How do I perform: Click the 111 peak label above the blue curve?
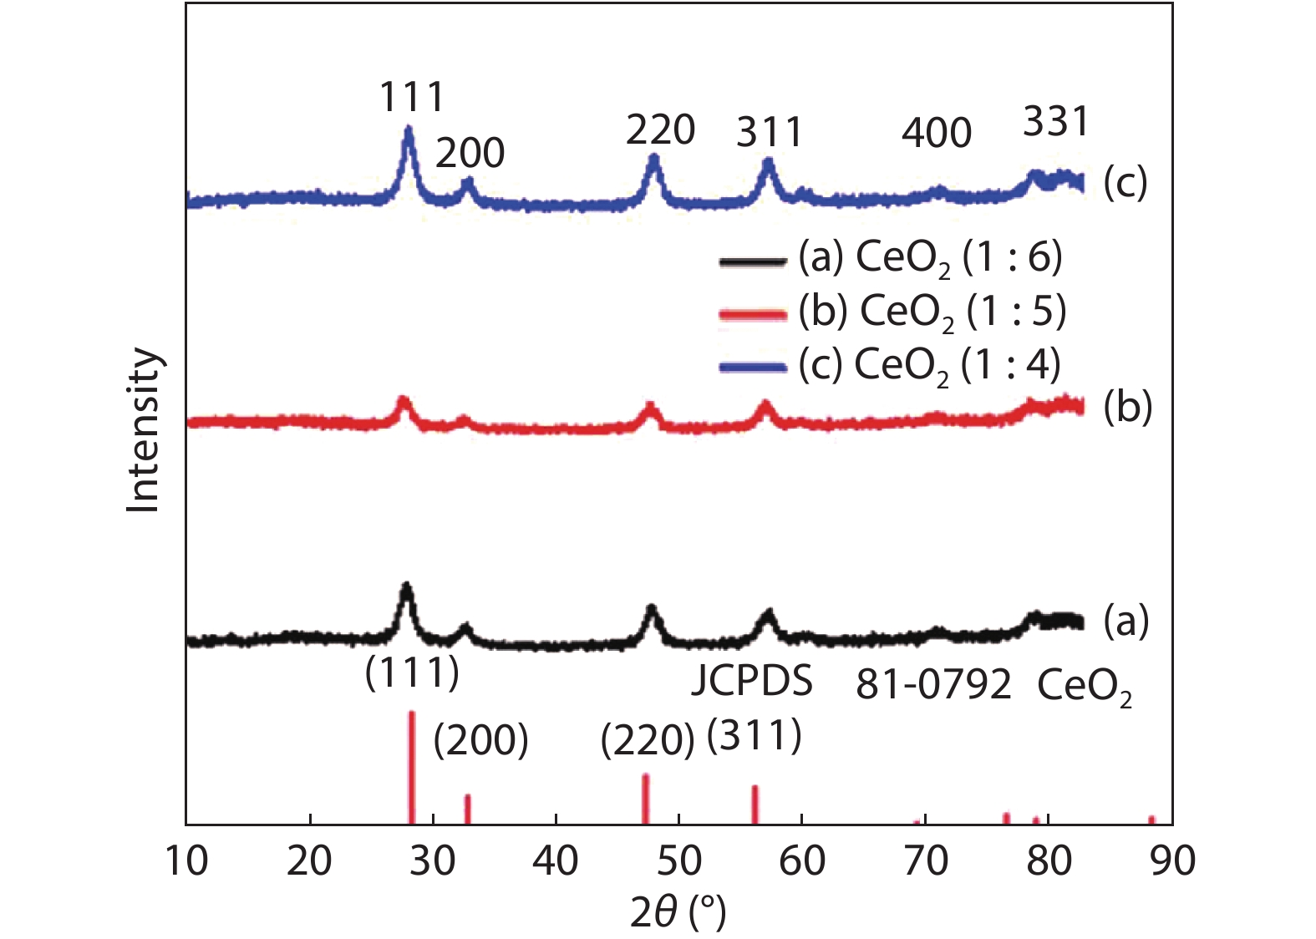tap(412, 98)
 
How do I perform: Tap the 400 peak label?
tap(936, 133)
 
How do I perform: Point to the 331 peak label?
tap(1056, 122)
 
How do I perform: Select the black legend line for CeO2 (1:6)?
tap(752, 261)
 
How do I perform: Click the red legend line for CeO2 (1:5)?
tap(752, 315)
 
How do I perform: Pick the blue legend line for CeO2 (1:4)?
tap(752, 368)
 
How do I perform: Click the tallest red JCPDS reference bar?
tap(411, 764)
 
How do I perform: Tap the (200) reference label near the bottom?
tap(480, 740)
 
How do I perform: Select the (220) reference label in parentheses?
tap(648, 740)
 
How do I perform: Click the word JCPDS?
tap(752, 682)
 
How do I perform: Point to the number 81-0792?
tap(933, 685)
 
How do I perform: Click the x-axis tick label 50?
tap(678, 860)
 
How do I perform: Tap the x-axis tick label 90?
tap(1171, 860)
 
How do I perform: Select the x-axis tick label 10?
tap(186, 860)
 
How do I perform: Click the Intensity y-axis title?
tap(143, 429)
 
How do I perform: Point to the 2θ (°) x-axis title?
tap(678, 913)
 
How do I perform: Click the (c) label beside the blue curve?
tap(1125, 183)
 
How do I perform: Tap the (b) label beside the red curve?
tap(1127, 408)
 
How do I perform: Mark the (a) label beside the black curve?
tap(1126, 622)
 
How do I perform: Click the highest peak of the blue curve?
tap(409, 130)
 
